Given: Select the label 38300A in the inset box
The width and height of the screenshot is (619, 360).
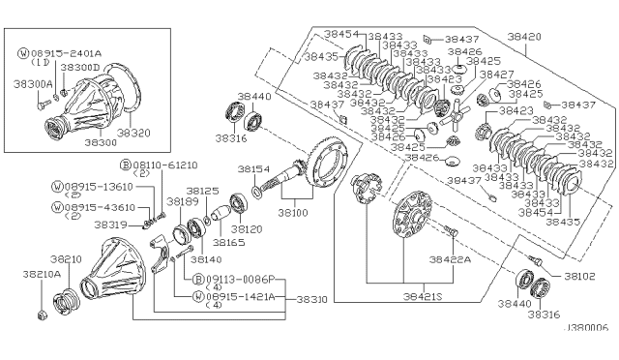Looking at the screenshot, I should click(x=33, y=84).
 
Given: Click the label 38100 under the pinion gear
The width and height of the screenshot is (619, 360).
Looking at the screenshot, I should click(x=293, y=210).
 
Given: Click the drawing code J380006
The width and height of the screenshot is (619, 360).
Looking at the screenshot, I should click(x=583, y=329).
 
